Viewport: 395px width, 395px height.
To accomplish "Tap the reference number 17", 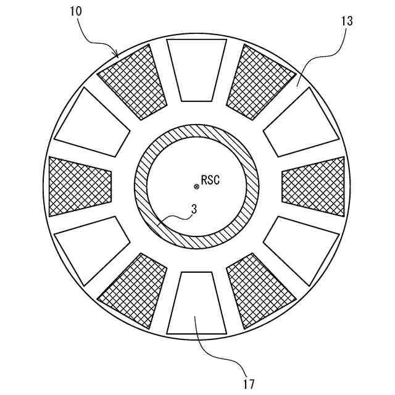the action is (x=249, y=384).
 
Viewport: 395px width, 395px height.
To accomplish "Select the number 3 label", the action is (x=193, y=209).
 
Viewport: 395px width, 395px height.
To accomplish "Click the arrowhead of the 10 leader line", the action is (x=117, y=54).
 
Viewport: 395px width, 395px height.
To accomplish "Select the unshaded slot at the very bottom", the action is (x=197, y=303).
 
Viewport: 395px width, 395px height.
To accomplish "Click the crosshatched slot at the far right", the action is (x=314, y=186).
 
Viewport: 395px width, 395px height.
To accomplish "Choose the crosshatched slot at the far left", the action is (x=81, y=186).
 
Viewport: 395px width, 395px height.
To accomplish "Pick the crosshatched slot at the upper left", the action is (x=133, y=82).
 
